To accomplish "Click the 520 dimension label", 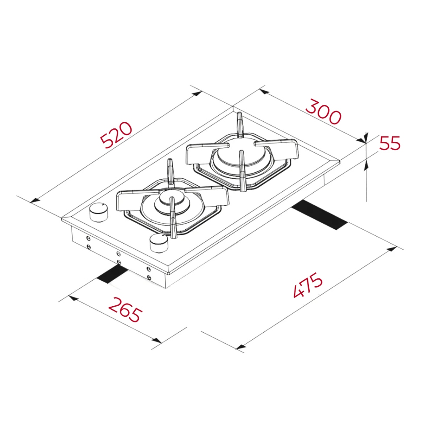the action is (116, 135).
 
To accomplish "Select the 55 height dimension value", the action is (390, 143).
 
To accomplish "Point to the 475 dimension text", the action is (308, 285).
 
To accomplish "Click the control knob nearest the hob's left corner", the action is (98, 213).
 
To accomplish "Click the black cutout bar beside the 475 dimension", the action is (319, 215).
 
